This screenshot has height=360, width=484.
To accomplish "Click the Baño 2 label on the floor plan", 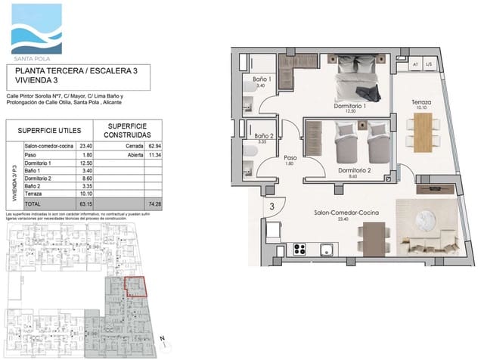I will click(x=262, y=135).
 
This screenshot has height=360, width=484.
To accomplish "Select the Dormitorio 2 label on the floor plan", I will click(x=353, y=170).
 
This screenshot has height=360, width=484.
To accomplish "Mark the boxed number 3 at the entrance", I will click(x=271, y=205).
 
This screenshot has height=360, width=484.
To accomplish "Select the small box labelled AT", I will click(x=415, y=65).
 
